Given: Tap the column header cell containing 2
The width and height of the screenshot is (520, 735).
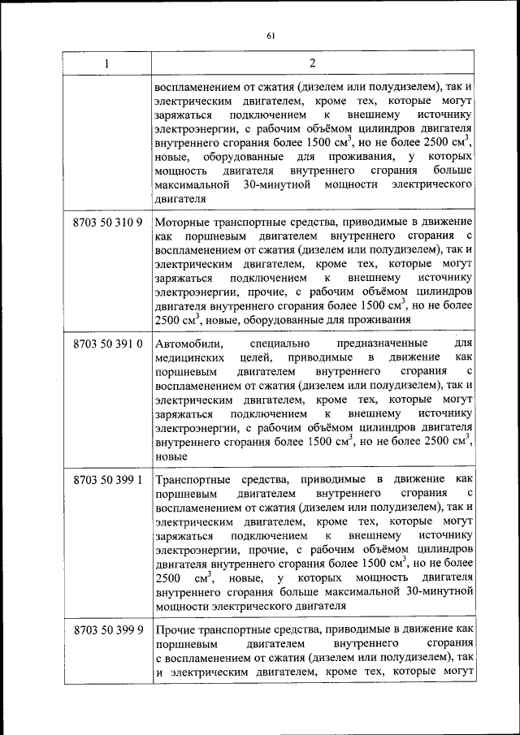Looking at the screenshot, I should tap(313, 64).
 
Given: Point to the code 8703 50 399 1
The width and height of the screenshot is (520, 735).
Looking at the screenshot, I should tap(107, 480).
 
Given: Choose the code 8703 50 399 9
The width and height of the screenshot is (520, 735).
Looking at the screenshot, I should tap(107, 630).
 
